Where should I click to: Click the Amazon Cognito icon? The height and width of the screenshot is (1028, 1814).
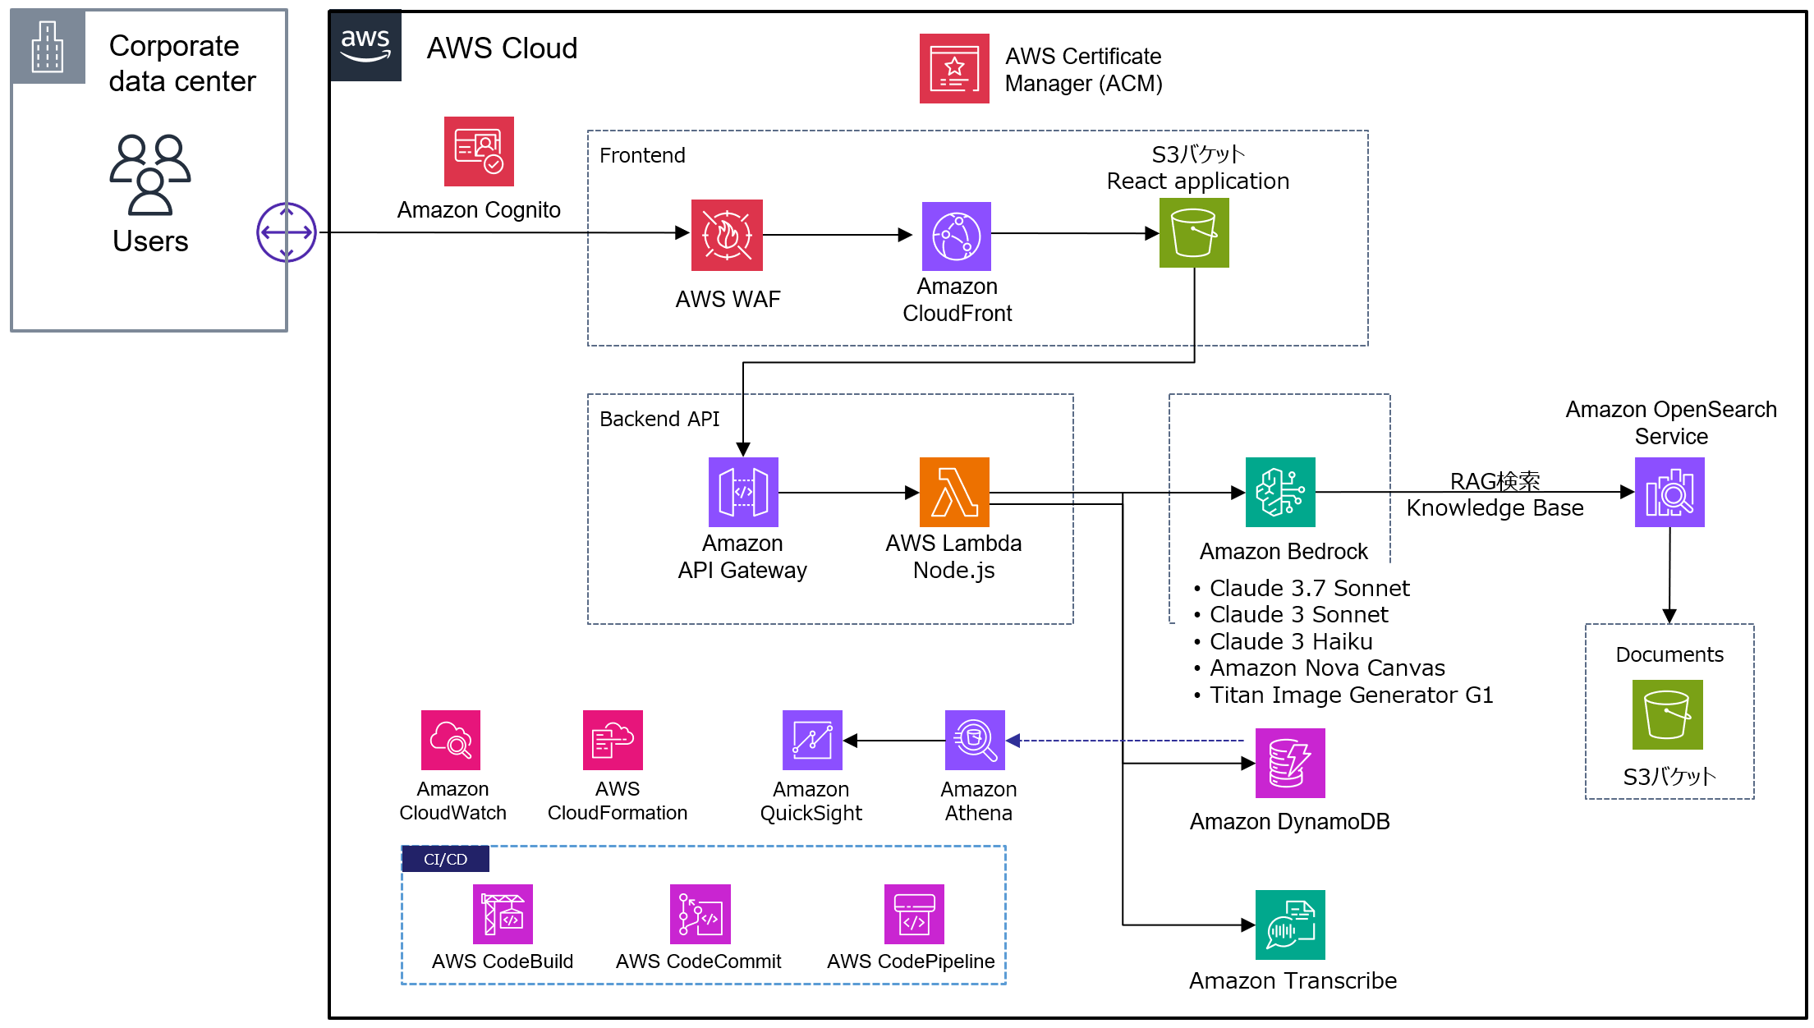[x=479, y=151]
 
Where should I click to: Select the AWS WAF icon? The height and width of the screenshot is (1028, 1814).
[x=727, y=235]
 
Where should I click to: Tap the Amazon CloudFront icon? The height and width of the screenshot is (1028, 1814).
[x=956, y=236]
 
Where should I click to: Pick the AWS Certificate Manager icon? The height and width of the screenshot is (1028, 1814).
[x=953, y=68]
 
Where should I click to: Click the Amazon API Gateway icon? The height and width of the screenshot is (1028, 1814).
[x=743, y=492]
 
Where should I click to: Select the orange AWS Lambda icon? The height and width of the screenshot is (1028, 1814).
[x=954, y=492]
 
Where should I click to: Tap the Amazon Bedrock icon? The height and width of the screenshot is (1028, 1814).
[x=1280, y=492]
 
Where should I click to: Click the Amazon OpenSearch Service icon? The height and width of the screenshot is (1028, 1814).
[x=1669, y=492]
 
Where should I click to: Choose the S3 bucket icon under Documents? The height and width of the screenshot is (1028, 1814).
[x=1667, y=714]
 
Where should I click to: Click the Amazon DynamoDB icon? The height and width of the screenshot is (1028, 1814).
[x=1289, y=763]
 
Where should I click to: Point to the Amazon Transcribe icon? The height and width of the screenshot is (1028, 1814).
[x=1289, y=925]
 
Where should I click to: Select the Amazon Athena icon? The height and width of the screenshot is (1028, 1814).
[x=975, y=740]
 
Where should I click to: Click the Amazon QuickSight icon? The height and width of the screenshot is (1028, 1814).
[x=812, y=740]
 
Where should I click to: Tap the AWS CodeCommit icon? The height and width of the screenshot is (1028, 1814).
[x=700, y=914]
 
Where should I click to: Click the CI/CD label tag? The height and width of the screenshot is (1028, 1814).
[x=445, y=859]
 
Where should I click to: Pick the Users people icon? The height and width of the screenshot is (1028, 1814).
[x=150, y=174]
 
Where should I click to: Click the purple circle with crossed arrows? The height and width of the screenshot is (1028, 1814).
[x=287, y=232]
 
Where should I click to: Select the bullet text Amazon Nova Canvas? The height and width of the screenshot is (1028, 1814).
[x=1326, y=668]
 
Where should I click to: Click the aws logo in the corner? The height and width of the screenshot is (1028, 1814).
[x=365, y=46]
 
